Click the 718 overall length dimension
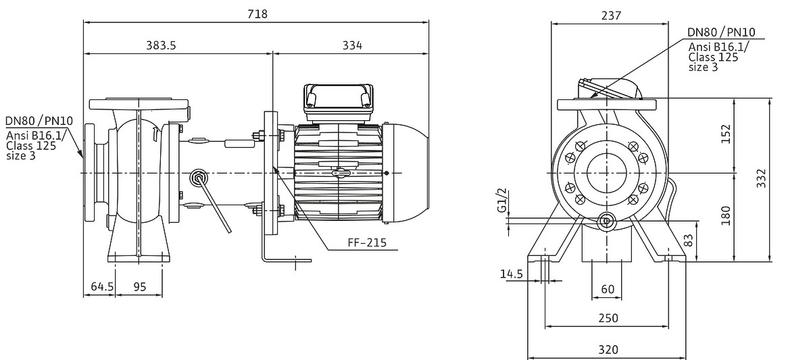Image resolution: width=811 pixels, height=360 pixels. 257,14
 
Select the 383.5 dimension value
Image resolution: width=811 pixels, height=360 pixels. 161,45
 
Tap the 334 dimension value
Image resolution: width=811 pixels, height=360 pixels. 352,45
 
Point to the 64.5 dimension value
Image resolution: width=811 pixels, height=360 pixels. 102,286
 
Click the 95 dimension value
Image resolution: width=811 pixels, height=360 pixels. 140,287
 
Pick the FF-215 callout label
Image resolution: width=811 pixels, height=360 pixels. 367,242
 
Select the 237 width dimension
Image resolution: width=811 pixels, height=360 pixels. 611,16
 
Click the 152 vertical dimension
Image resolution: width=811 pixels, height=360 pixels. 726,134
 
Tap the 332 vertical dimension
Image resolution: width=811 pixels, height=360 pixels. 762,178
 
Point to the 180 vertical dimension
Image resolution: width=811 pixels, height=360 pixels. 726,215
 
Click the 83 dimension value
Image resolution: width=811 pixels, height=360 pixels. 689,240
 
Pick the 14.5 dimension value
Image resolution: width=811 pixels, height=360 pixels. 511,274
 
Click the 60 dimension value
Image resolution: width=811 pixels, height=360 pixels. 608,289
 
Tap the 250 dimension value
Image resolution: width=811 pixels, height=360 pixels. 608,318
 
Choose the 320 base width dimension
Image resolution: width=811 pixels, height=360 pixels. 608,349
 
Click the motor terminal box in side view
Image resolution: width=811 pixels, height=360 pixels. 339,103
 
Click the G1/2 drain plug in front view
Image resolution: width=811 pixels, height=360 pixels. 606,221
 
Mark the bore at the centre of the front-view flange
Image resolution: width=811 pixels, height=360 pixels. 606,173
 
